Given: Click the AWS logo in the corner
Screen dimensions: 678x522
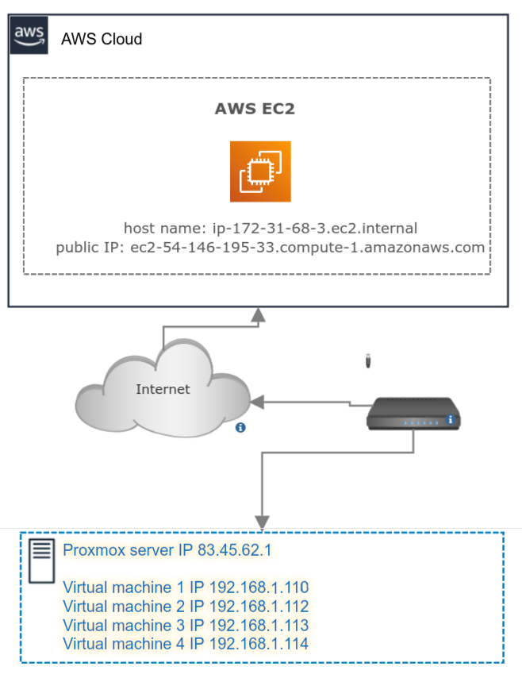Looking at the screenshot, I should pos(29,37).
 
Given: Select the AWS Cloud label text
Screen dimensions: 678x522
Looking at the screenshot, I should pos(102,39).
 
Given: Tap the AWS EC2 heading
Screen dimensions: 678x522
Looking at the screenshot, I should pos(255,109).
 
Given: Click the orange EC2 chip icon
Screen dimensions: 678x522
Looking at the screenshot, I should pos(260,171).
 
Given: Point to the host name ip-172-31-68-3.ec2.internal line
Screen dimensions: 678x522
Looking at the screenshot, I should pos(270,228).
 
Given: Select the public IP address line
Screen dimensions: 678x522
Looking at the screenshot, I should pos(270,247).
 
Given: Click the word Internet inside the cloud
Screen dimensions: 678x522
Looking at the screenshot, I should pos(163,389).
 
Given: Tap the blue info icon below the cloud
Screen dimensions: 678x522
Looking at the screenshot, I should pos(240,428).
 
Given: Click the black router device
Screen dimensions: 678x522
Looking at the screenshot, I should pos(413,414).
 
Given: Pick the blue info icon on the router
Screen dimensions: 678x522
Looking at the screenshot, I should pos(450,419).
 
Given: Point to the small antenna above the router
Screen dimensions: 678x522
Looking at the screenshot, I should pos(367,362).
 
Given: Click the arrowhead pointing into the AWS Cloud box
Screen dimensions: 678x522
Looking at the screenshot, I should pos(257,317).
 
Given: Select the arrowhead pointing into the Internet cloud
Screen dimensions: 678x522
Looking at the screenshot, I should pos(257,403).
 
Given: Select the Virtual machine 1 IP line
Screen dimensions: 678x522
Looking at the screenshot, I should pos(185,588).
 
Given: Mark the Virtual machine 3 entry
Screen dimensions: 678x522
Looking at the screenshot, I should pos(185,625).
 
